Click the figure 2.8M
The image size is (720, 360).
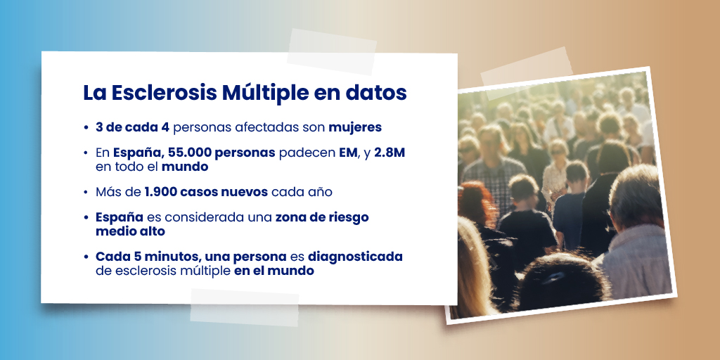pos(390,153)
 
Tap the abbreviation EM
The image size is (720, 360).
pos(348,153)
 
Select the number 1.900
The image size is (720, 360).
pos(162,192)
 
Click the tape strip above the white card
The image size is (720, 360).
pos(332,51)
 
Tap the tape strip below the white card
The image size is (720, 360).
pos(245,307)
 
